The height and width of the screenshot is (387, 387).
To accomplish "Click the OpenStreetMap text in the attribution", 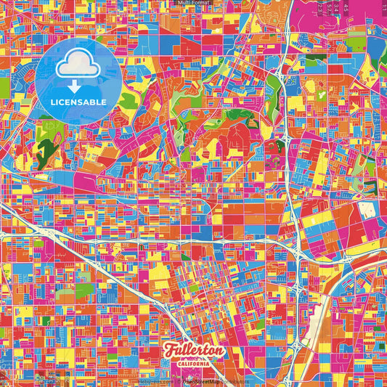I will pos(207,380).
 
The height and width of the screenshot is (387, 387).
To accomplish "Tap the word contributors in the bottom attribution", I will pos(232,380).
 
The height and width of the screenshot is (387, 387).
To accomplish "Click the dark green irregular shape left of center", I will pos(45,151).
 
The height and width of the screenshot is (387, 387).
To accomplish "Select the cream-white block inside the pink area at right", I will pos(367,211).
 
